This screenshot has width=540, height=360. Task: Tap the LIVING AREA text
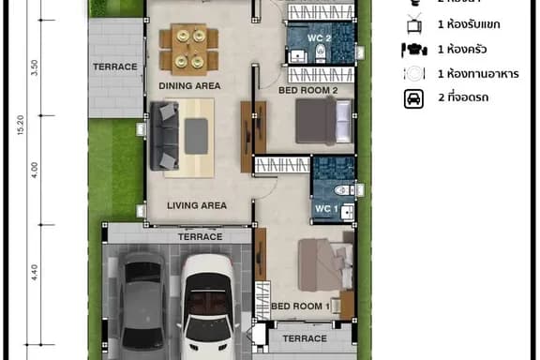coord(197,204)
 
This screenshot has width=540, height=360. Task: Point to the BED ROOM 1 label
coord(300,306)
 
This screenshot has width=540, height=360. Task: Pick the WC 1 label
coord(323,207)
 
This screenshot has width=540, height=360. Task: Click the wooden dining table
coord(188,49)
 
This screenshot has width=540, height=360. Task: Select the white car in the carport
coord(210,305)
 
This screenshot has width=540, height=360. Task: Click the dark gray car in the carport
coord(144,300)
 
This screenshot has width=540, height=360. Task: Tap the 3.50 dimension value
coord(35,67)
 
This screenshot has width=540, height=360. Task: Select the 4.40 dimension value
coord(35,273)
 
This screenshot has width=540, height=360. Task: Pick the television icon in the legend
coord(413,25)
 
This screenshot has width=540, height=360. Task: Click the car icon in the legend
coord(413,98)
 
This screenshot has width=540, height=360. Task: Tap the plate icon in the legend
coord(413,73)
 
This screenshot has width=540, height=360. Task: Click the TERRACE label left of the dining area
coord(114,67)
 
